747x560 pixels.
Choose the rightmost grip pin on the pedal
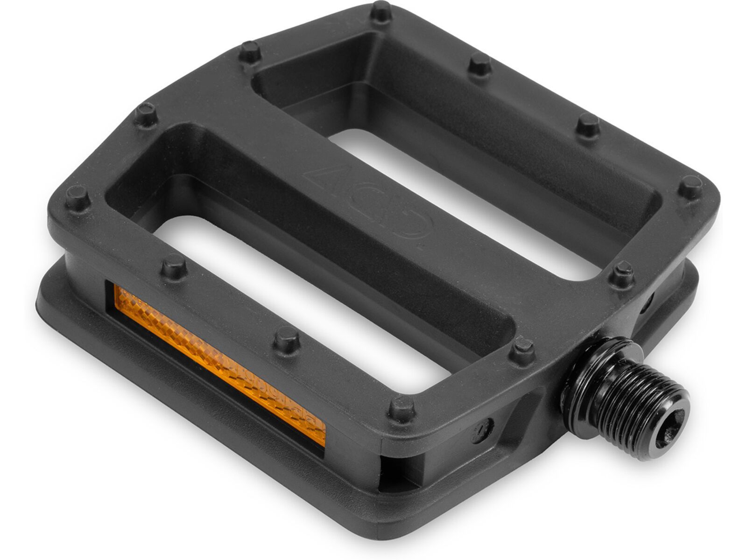(690, 187)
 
